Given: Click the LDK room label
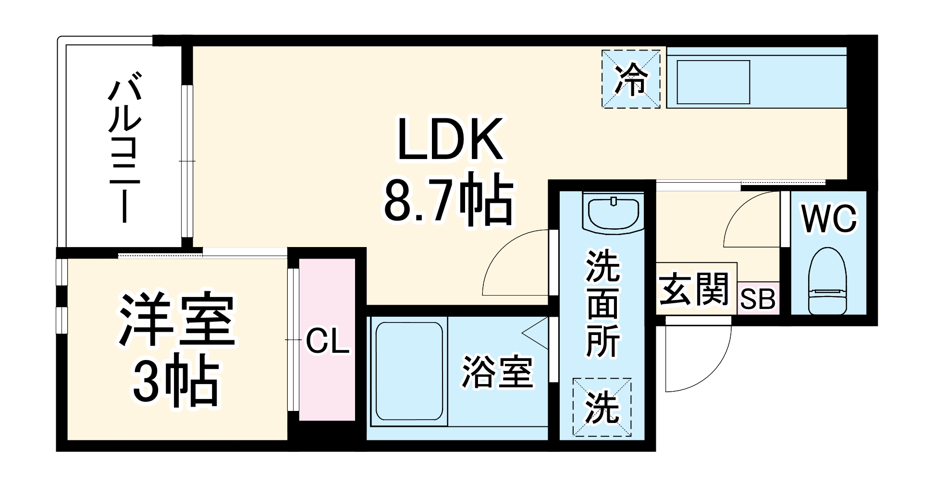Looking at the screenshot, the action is pyautogui.click(x=450, y=139).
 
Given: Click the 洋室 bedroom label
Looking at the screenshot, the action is pyautogui.click(x=177, y=319).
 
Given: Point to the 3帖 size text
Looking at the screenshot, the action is pyautogui.click(x=176, y=380).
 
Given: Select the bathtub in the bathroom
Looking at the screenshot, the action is pyautogui.click(x=409, y=371).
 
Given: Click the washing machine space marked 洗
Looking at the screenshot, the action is pyautogui.click(x=602, y=408).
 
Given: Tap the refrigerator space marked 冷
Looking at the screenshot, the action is pyautogui.click(x=631, y=79).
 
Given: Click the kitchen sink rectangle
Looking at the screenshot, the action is pyautogui.click(x=713, y=82).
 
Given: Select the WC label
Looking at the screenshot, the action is pyautogui.click(x=829, y=219).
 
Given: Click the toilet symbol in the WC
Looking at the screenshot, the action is pyautogui.click(x=827, y=281).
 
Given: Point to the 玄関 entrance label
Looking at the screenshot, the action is pyautogui.click(x=695, y=289).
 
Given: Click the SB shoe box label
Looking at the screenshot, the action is pyautogui.click(x=758, y=299).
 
